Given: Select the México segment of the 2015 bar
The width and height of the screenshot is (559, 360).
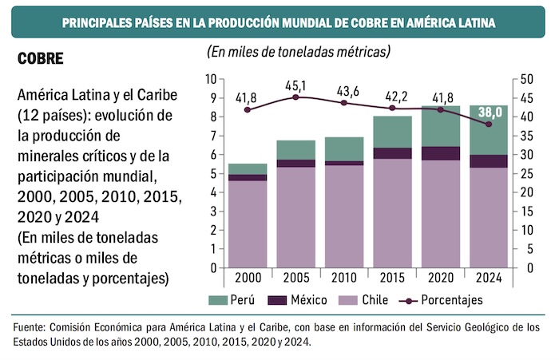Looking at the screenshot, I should coord(393,153).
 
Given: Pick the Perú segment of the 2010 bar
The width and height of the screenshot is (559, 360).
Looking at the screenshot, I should coord(344,148).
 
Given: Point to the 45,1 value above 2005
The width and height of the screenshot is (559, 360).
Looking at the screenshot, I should coord(295,85).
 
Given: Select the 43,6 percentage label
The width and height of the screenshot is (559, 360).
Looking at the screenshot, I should coord(344,89).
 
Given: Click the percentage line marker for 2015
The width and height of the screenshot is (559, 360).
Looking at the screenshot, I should coord(393,108).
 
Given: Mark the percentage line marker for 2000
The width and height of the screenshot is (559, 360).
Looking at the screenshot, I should coord(247,109).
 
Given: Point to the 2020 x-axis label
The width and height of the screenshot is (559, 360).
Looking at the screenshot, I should coord(441,278).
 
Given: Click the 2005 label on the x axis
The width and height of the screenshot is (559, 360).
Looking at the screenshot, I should coord(295,278).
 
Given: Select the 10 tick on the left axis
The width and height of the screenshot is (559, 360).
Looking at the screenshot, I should coord(211,79).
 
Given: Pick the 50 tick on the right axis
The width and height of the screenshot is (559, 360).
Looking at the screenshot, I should coord(525,79).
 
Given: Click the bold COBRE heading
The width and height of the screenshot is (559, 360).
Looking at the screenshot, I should coord(40,59).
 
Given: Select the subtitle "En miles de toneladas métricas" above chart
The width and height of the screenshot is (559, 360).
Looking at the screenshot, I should coord(299,53).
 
